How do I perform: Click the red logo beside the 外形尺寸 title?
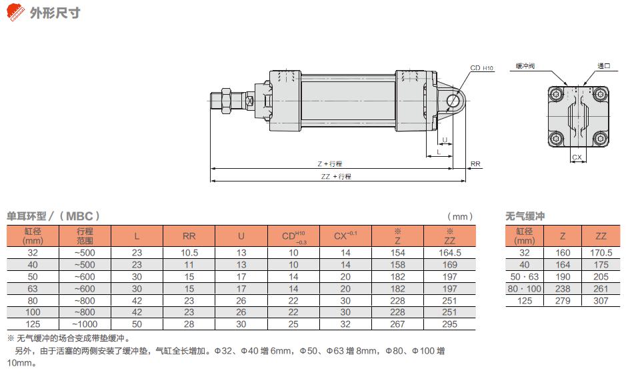(x=15, y=12)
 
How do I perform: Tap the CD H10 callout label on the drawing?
(x=481, y=68)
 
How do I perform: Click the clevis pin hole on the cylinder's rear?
(x=453, y=101)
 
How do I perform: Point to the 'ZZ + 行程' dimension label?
(x=336, y=176)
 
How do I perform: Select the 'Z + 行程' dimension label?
(x=330, y=163)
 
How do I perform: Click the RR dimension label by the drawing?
(x=475, y=163)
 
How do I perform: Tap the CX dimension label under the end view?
(x=577, y=157)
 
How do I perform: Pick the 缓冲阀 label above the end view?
(x=525, y=66)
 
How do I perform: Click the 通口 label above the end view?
(x=603, y=66)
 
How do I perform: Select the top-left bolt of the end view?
(x=556, y=95)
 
